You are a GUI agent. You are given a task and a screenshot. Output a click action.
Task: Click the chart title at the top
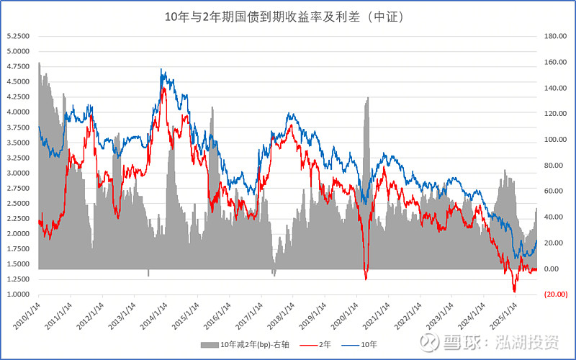(x=288, y=16)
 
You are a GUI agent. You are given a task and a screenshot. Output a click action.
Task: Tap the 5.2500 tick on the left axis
(x=18, y=36)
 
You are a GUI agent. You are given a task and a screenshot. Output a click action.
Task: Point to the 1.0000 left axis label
(x=18, y=294)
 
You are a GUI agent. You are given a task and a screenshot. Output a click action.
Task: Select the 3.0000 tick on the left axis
(x=18, y=173)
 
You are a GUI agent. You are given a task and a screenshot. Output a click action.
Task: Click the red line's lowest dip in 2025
(x=514, y=291)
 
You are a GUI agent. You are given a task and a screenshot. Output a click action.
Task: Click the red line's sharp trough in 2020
(x=366, y=279)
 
